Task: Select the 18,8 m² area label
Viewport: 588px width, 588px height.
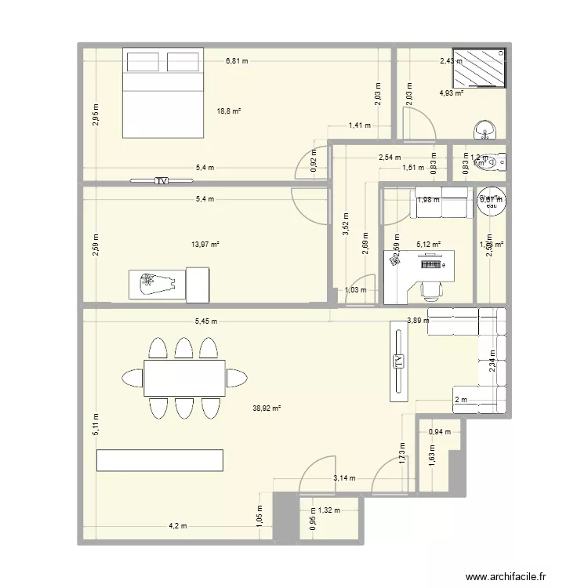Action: coord(229,111)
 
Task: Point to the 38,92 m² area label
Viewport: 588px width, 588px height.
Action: coord(267,408)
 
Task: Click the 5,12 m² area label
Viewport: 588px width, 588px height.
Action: coord(428,244)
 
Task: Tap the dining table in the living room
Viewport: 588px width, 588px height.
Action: coord(184,378)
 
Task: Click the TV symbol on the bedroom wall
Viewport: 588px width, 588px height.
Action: coord(162,181)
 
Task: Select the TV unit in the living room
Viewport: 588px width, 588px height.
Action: coord(399,361)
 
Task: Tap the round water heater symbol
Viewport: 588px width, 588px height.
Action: coord(492,201)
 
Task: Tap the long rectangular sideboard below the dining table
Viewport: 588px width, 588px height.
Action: coord(160,460)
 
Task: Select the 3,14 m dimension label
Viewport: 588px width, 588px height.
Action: coord(344,477)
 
